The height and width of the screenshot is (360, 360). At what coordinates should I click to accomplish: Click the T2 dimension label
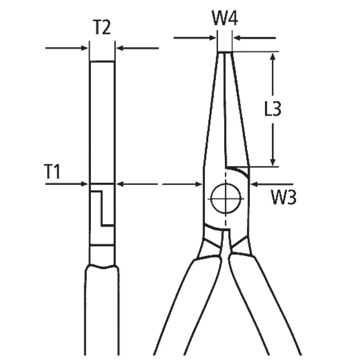(x=102, y=28)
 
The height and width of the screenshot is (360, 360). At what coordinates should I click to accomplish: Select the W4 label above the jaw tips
(x=225, y=19)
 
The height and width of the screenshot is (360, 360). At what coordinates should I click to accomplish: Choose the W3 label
(x=283, y=197)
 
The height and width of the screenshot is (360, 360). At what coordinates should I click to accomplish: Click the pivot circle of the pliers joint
(x=226, y=198)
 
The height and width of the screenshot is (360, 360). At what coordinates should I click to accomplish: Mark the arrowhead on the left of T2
(x=84, y=48)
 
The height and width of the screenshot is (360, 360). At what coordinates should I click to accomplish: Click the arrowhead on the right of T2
(x=120, y=48)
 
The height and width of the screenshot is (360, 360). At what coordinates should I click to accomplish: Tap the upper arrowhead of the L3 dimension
(x=272, y=56)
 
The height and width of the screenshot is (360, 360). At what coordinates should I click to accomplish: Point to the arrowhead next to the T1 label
(x=84, y=184)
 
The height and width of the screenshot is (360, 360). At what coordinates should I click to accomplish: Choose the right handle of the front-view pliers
(x=265, y=306)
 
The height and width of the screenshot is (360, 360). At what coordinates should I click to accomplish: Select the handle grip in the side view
(x=102, y=310)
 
